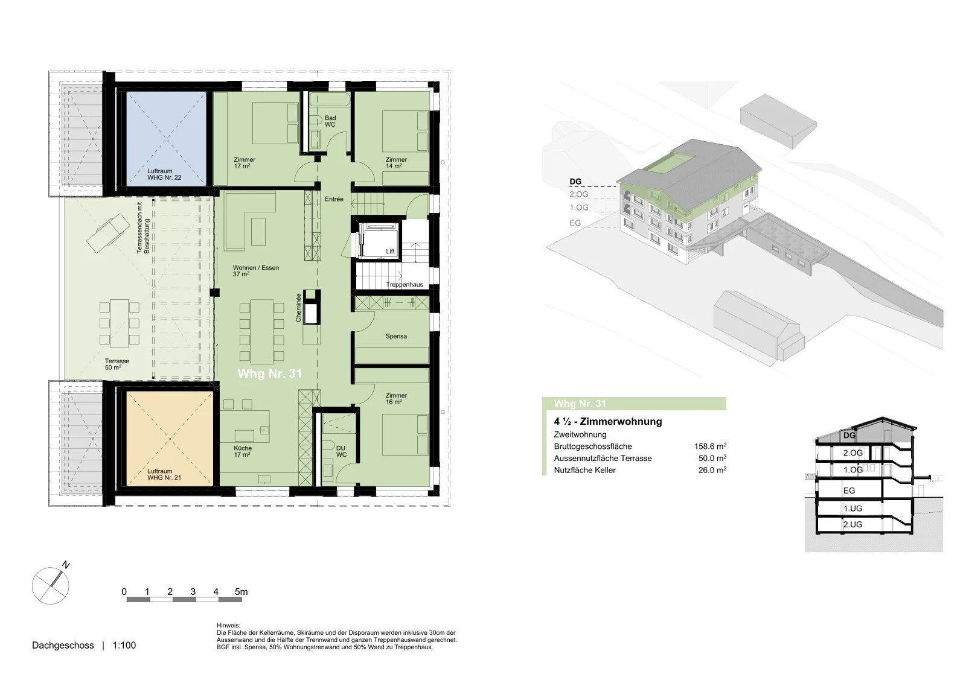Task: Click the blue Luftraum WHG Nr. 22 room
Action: click(x=166, y=139)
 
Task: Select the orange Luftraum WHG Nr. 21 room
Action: click(x=170, y=438)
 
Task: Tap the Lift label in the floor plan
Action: click(x=390, y=251)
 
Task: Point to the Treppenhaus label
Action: click(x=404, y=284)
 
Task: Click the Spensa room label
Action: click(x=396, y=336)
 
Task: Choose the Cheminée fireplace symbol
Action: click(x=312, y=307)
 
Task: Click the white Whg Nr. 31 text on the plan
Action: click(x=269, y=373)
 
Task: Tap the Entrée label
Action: click(x=334, y=199)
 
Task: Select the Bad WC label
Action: click(x=330, y=121)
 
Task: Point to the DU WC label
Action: click(x=341, y=451)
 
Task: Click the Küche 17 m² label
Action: click(x=243, y=451)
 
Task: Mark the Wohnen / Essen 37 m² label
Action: click(x=256, y=271)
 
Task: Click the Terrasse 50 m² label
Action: click(x=117, y=364)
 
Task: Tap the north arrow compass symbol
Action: click(x=51, y=585)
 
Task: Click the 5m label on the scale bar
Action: click(x=241, y=592)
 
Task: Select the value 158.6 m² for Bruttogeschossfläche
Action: click(x=710, y=446)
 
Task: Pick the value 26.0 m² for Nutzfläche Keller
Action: click(x=712, y=470)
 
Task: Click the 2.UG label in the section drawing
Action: click(x=852, y=524)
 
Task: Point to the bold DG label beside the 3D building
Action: click(x=575, y=182)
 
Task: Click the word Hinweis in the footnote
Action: click(x=229, y=625)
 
